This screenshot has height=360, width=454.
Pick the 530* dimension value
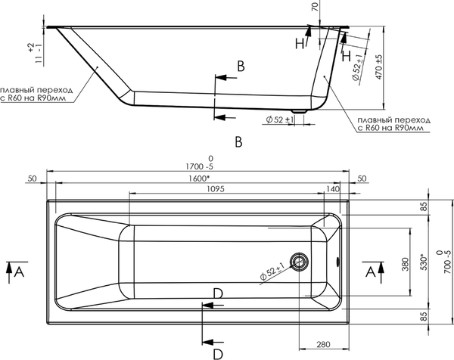point(425,262)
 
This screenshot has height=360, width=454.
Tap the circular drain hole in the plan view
point(302,263)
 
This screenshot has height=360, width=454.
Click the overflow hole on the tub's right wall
point(338,263)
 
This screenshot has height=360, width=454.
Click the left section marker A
point(18,269)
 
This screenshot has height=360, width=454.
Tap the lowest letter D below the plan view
point(217,353)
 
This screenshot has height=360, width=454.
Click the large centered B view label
point(238,141)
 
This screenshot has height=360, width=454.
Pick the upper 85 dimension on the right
point(425,205)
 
